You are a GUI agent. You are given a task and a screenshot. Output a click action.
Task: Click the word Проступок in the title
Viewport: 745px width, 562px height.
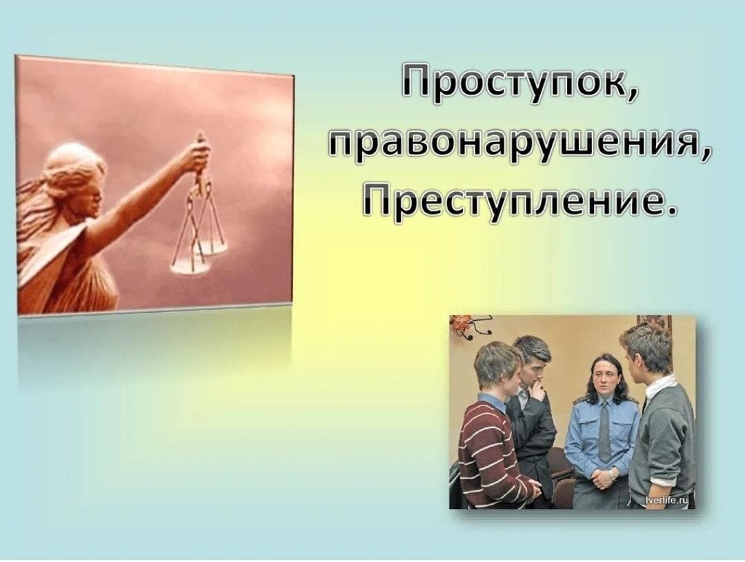point(511,85)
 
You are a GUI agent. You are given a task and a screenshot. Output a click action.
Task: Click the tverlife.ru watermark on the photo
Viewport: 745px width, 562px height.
point(668,499)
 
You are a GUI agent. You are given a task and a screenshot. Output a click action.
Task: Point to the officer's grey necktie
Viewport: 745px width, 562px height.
point(604,430)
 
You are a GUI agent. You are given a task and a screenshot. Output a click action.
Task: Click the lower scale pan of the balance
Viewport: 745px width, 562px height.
point(190,268)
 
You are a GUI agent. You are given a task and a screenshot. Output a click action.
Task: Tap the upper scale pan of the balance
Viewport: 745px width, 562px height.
point(212,246)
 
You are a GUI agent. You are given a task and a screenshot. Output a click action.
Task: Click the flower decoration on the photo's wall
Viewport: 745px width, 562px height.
point(460,325)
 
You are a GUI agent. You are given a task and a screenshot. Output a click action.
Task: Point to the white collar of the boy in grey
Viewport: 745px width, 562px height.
point(658,387)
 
